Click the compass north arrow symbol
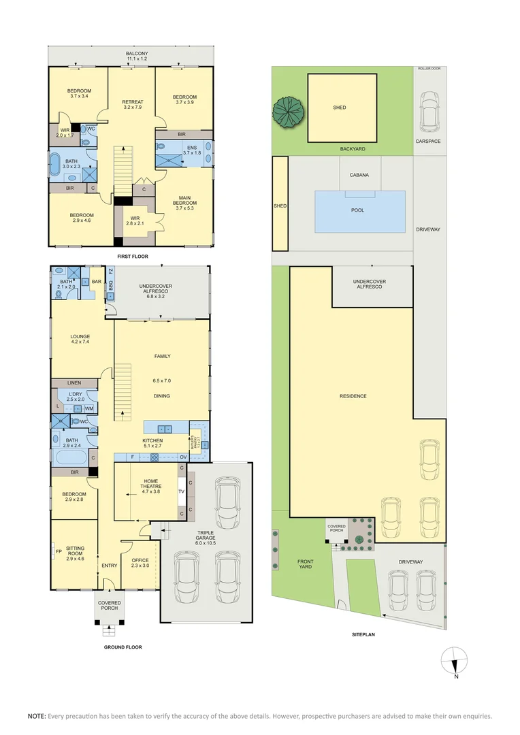click(455, 661)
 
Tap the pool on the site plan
click(359, 211)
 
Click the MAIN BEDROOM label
click(184, 200)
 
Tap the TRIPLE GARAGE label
click(206, 537)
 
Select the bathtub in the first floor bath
click(54, 165)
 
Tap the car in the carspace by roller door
click(429, 110)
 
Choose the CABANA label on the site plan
click(359, 175)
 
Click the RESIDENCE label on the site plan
click(353, 396)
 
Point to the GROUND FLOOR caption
click(123, 647)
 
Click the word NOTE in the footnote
click(37, 716)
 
